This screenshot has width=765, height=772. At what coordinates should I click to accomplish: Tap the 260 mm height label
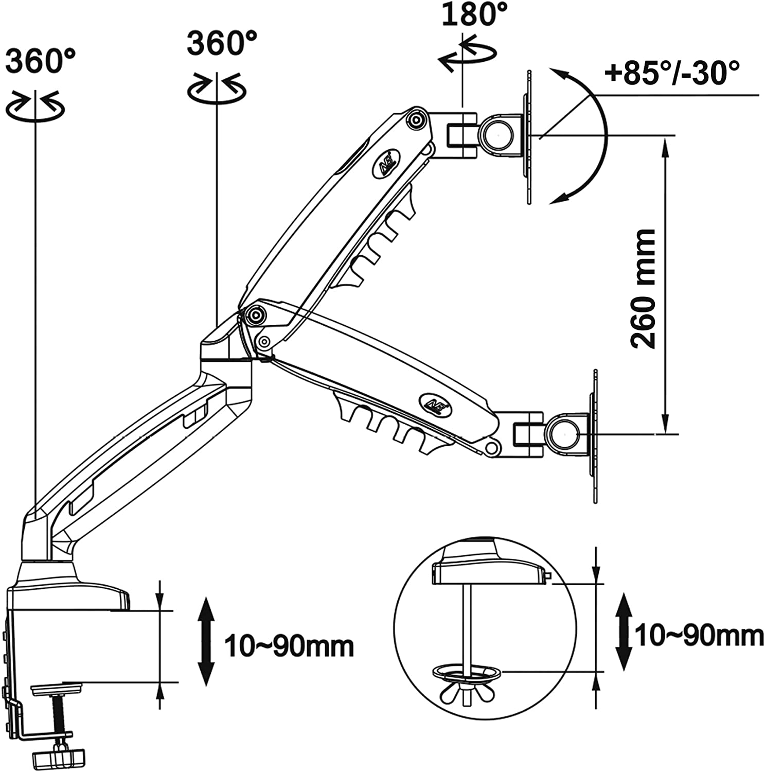pyautogui.click(x=644, y=289)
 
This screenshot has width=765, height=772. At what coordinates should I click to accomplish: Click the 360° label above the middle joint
pyautogui.click(x=222, y=42)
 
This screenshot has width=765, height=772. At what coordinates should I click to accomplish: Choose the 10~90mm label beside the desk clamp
pyautogui.click(x=289, y=646)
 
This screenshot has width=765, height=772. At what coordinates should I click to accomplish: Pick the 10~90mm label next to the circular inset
pyautogui.click(x=699, y=636)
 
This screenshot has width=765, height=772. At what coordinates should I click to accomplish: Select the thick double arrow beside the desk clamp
pyautogui.click(x=206, y=641)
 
